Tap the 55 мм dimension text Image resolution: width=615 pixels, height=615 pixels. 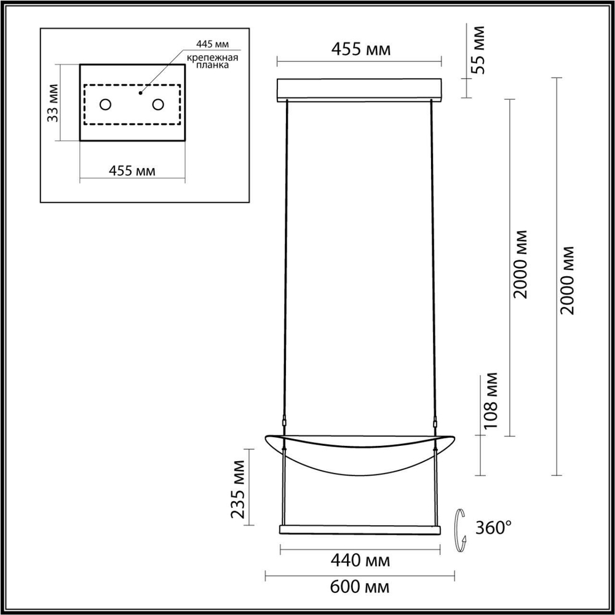[477, 49]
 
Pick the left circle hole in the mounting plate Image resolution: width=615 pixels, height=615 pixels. [105, 105]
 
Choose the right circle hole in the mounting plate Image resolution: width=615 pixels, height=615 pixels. [158, 105]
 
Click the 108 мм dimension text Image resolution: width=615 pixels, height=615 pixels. [492, 403]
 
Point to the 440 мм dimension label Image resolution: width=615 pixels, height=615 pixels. [360, 560]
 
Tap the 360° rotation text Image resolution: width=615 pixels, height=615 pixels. [494, 528]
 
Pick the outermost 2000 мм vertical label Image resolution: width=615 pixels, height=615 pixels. [568, 280]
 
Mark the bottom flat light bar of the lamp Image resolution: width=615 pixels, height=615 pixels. [360, 530]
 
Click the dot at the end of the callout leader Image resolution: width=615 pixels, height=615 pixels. [141, 93]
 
